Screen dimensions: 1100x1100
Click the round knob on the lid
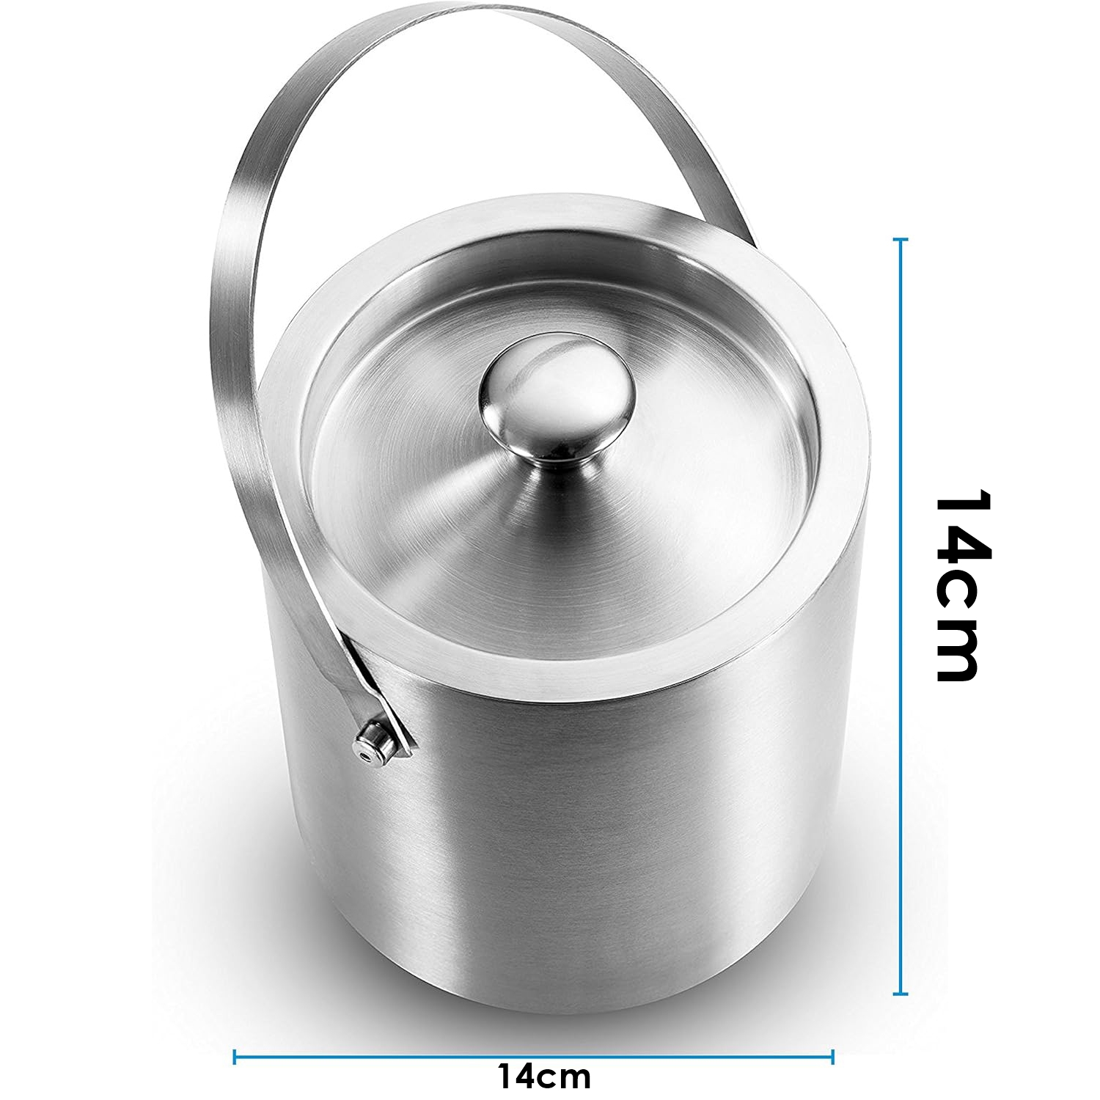[x=556, y=403]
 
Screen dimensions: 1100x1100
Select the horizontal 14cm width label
[x=544, y=1077]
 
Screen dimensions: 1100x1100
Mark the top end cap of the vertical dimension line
[x=901, y=239]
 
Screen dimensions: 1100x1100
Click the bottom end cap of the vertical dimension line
[x=901, y=994]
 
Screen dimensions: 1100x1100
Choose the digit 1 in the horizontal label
[x=505, y=1077]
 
